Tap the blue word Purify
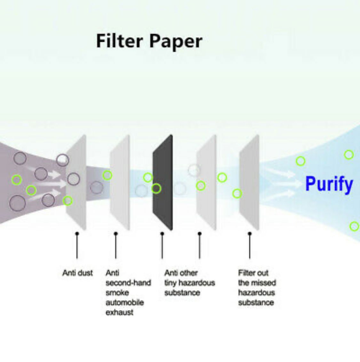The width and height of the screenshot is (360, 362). [329, 184]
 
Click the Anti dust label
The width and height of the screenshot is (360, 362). [77, 273]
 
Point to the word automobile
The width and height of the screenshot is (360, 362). [124, 302]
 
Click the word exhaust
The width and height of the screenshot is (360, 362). [119, 312]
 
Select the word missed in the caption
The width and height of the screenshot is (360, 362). [264, 283]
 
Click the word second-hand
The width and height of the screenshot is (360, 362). [128, 283]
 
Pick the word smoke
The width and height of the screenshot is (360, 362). [117, 293]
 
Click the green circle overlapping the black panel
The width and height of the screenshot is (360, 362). [156, 188]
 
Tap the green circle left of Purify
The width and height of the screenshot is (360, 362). [300, 161]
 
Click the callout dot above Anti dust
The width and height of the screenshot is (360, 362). [77, 234]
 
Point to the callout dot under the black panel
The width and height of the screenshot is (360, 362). [162, 234]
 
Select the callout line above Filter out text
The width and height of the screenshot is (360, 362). [250, 247]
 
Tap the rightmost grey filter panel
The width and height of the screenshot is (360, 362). [250, 183]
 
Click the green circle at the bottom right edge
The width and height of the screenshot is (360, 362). [354, 226]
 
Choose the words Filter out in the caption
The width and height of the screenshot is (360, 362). [253, 273]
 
